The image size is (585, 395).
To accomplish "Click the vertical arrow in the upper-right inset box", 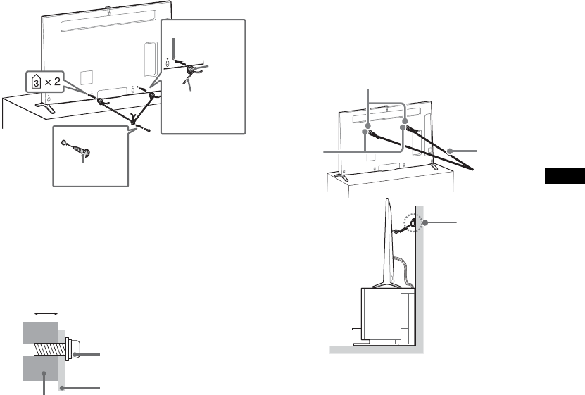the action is (172, 46).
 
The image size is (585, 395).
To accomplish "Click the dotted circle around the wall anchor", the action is (408, 224).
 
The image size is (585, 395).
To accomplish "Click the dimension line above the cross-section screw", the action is (45, 313).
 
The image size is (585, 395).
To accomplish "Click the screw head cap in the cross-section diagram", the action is (73, 348).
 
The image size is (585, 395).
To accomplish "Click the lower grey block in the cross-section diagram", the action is (39, 369).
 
